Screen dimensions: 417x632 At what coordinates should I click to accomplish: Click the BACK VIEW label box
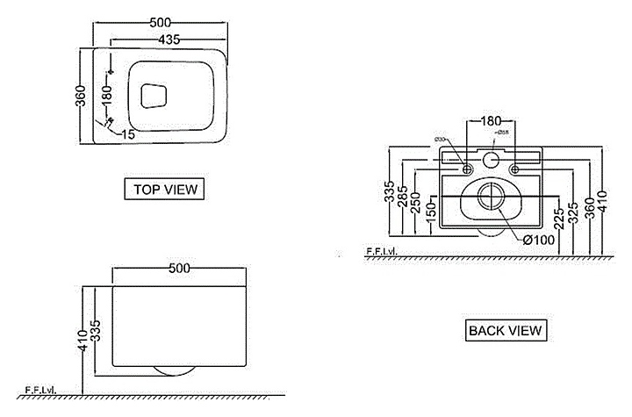tap(506, 330)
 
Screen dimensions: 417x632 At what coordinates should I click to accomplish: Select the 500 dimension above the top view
tap(160, 20)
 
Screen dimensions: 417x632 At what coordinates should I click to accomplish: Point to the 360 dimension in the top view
tap(81, 96)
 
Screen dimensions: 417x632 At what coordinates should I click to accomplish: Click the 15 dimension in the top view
tap(128, 134)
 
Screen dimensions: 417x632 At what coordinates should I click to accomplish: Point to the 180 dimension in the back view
tap(492, 122)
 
